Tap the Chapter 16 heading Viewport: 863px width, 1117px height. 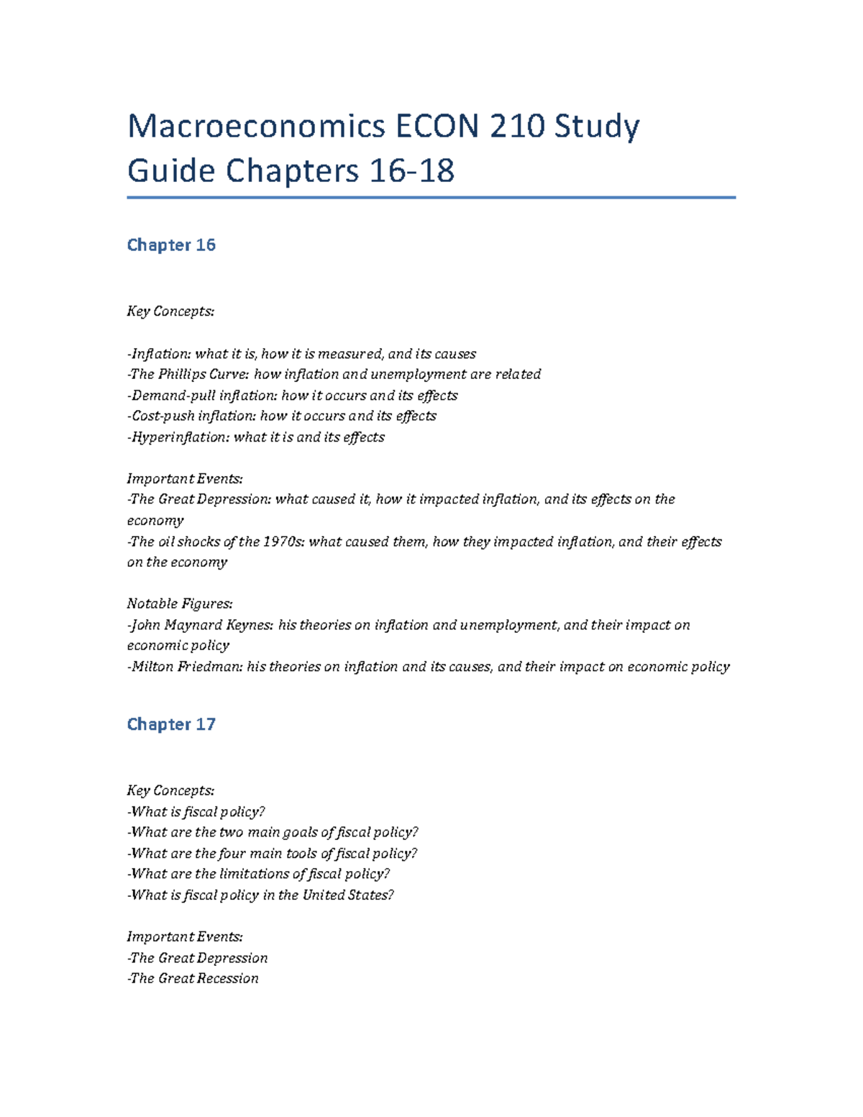click(x=171, y=245)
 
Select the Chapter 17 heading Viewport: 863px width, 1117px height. click(x=171, y=724)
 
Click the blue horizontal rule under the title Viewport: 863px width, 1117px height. click(x=431, y=197)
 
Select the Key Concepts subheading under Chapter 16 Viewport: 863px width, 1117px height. click(x=170, y=311)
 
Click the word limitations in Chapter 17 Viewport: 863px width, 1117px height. click(x=255, y=874)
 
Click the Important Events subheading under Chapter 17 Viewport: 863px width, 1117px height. click(x=185, y=936)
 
